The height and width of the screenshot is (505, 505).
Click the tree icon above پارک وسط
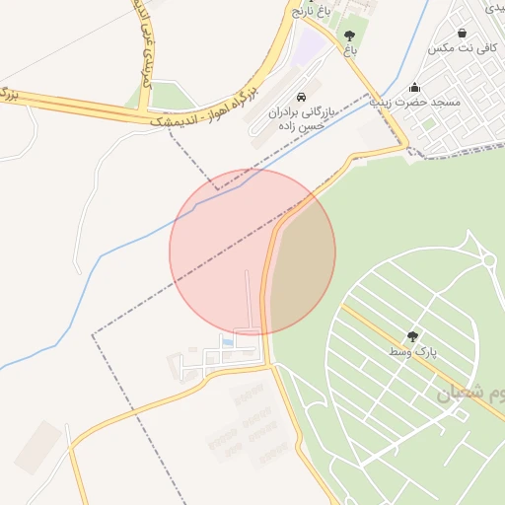click(x=412, y=335)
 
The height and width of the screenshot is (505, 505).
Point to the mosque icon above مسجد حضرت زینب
click(x=415, y=86)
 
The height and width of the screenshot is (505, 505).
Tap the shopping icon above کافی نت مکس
click(x=462, y=34)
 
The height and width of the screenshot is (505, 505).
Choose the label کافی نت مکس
click(x=461, y=48)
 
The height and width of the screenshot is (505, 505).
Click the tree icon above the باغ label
click(x=350, y=35)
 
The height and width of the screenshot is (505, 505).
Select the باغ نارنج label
click(x=310, y=12)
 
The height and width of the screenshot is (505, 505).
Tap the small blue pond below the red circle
click(x=229, y=342)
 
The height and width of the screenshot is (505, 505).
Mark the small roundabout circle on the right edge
click(x=488, y=260)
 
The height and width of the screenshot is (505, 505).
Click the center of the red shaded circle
click(x=252, y=252)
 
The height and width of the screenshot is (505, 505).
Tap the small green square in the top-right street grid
click(x=429, y=125)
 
